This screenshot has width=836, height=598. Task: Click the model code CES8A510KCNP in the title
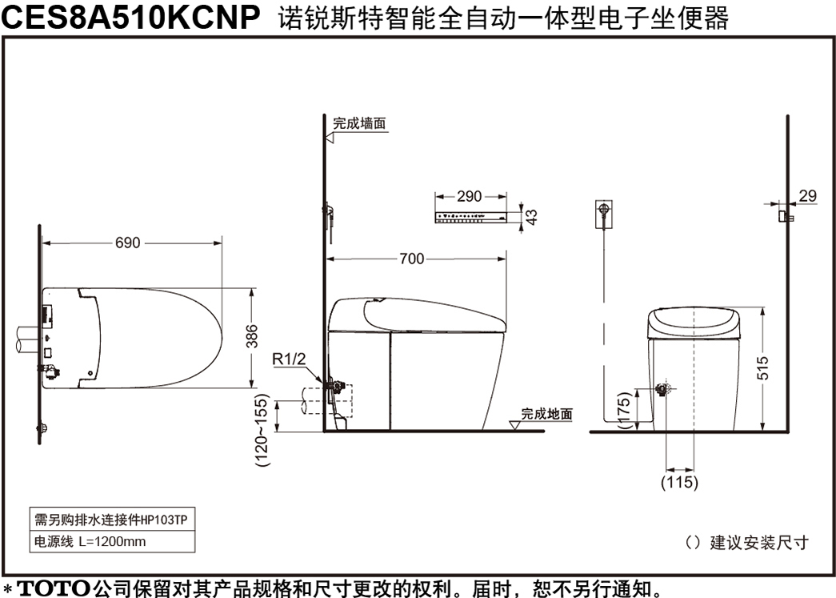(130, 17)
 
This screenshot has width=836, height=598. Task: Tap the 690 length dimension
(128, 243)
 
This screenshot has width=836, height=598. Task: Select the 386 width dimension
(252, 336)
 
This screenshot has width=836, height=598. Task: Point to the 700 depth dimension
(412, 259)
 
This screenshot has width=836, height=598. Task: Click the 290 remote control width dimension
(469, 196)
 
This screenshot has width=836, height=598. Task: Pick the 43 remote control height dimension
(531, 217)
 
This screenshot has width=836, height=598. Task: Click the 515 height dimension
(762, 368)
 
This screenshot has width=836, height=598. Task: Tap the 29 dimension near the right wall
(808, 196)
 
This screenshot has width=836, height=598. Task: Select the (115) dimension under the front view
(679, 482)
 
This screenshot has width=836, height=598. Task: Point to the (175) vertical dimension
(625, 410)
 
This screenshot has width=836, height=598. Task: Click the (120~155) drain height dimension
(262, 431)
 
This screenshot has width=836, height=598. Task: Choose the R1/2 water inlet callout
(289, 359)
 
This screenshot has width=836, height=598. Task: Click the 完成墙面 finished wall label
(359, 124)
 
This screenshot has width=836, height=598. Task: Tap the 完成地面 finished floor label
(546, 414)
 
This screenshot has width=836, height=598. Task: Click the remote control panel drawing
(470, 217)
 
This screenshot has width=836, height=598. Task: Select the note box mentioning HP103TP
(112, 519)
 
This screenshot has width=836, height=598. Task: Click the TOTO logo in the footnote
(54, 588)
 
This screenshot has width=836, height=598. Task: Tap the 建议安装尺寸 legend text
(760, 543)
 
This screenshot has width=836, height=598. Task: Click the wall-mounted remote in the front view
(603, 214)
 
